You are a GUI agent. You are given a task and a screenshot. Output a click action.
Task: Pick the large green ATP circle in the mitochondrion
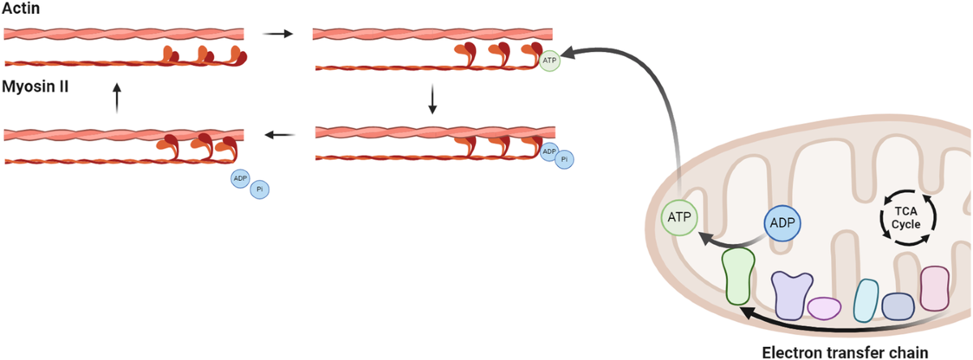point(679,216)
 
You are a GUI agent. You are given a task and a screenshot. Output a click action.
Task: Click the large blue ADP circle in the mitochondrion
point(782,223)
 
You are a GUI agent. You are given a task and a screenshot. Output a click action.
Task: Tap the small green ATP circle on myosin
point(551,60)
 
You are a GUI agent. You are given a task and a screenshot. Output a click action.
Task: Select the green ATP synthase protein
point(738,276)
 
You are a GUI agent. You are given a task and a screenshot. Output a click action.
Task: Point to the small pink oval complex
point(824,308)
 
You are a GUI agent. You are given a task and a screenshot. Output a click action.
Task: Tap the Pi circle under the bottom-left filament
point(259,189)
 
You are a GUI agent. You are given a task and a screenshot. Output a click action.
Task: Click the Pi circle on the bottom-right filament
point(564,159)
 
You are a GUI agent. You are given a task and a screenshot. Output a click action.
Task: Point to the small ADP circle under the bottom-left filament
point(241,179)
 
